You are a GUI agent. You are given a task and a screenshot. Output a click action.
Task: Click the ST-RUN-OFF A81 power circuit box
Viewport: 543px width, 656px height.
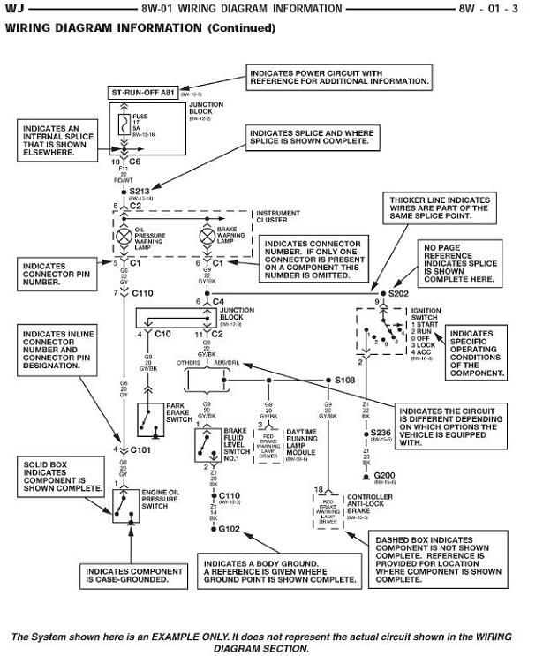[146, 91]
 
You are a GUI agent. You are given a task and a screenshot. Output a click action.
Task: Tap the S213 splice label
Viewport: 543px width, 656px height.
[140, 189]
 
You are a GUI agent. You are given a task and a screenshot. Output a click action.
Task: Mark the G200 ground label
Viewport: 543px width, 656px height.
[384, 474]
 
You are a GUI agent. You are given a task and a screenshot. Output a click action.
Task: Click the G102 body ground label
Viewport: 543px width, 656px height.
[230, 528]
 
